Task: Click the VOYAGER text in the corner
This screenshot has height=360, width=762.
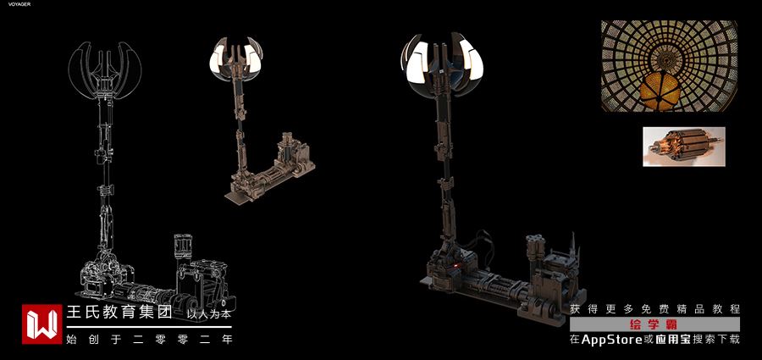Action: [19, 4]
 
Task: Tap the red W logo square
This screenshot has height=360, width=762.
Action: [41, 324]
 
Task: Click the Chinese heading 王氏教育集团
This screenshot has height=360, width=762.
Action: [119, 313]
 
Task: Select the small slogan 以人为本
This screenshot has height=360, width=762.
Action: [209, 314]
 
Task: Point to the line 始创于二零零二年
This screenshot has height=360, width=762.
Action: [150, 339]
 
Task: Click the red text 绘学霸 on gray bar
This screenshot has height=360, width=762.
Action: [654, 324]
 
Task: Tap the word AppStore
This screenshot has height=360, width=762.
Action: [612, 340]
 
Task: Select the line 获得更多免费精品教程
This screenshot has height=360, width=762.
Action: [655, 309]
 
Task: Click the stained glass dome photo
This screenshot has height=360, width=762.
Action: [669, 66]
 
